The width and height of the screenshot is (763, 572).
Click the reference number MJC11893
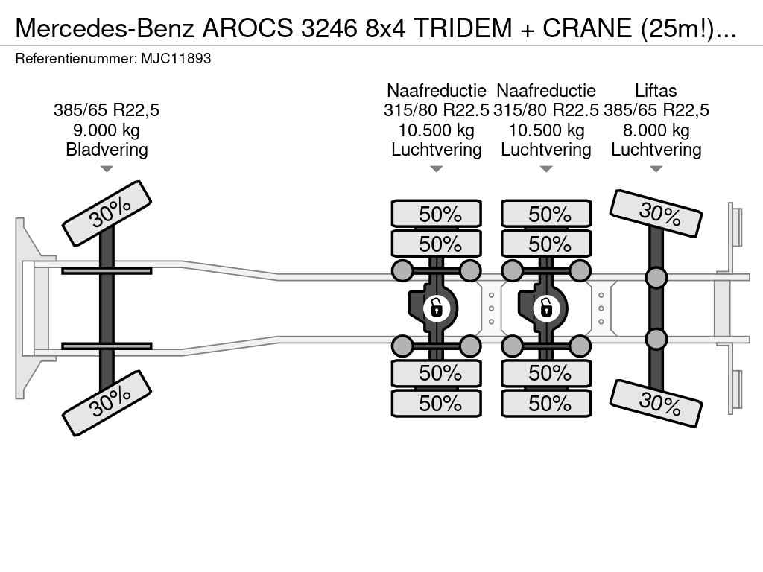click(176, 59)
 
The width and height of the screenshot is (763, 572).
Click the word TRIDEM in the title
click(463, 28)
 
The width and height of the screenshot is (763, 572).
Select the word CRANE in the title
click(587, 28)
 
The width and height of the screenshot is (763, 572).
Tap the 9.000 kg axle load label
click(107, 130)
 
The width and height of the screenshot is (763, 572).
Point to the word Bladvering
click(107, 149)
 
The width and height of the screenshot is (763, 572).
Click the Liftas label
click(656, 90)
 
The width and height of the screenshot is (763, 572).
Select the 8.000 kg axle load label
click(656, 130)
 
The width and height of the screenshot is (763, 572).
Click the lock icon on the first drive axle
click(435, 308)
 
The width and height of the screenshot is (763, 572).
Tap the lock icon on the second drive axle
click(545, 308)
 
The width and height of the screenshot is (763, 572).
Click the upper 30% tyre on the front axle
click(107, 214)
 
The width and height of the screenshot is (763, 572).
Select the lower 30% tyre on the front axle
click(107, 403)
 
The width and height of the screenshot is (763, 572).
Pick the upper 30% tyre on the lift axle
click(656, 214)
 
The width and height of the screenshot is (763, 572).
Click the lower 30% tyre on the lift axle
click(656, 403)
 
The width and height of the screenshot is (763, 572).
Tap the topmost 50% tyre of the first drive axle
click(437, 214)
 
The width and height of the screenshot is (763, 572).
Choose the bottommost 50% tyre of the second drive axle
click(546, 403)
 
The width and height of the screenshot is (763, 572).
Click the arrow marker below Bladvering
click(107, 169)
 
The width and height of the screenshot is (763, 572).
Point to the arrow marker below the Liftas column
click(656, 169)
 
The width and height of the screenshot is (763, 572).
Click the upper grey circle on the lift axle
click(656, 277)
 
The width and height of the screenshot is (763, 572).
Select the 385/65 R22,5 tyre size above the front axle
click(107, 110)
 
